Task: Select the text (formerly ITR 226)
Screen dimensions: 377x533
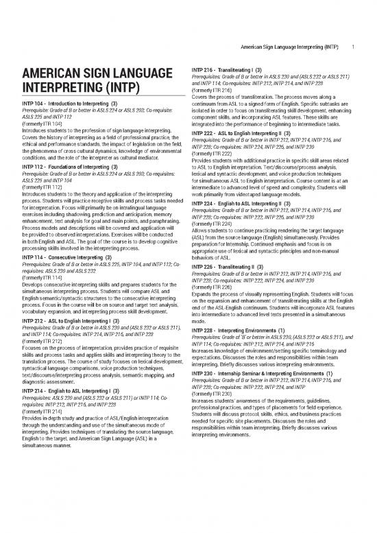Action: [211, 286]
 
